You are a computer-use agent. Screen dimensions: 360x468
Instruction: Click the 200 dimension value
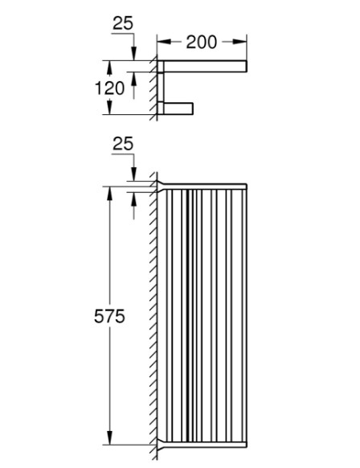click(202, 42)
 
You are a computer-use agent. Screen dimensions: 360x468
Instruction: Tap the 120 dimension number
click(109, 88)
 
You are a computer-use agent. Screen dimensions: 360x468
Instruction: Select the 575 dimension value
click(109, 316)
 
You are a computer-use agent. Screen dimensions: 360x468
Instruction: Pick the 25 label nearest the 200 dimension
click(123, 23)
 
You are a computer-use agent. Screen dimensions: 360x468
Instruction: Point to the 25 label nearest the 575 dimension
click(123, 144)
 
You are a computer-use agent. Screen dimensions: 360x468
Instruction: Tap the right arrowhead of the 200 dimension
click(239, 42)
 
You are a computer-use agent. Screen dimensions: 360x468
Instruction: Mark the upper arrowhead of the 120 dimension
click(110, 68)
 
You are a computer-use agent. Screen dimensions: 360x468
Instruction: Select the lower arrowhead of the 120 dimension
click(110, 107)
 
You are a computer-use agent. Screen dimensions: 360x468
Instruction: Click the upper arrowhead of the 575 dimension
click(110, 194)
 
